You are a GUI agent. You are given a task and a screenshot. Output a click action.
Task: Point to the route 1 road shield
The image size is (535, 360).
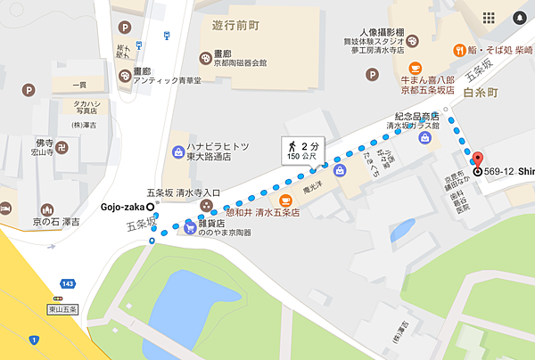pos(34,339)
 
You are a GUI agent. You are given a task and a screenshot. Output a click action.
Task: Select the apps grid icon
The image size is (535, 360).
pos(488,18)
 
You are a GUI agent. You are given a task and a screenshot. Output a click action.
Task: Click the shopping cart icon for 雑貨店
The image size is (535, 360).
pos(190,227)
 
